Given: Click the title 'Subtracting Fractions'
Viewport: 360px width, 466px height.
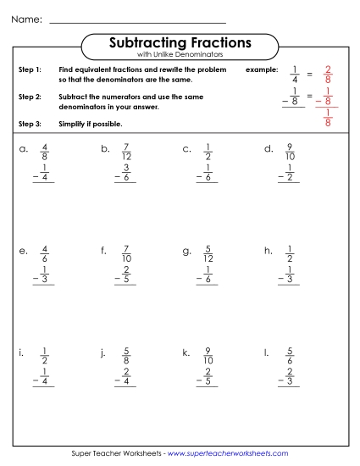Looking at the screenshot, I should tap(180, 42).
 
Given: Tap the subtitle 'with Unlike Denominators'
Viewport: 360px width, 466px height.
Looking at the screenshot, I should tap(180, 54).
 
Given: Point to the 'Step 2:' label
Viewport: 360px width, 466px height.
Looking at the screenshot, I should tap(30, 97).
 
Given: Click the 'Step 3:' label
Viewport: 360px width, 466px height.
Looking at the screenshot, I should tap(30, 125).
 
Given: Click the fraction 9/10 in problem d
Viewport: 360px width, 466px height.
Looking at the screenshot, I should tap(291, 153).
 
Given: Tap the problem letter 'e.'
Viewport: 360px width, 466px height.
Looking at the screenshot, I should tap(23, 251).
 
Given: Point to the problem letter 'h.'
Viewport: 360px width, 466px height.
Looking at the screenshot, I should tap(268, 251).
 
